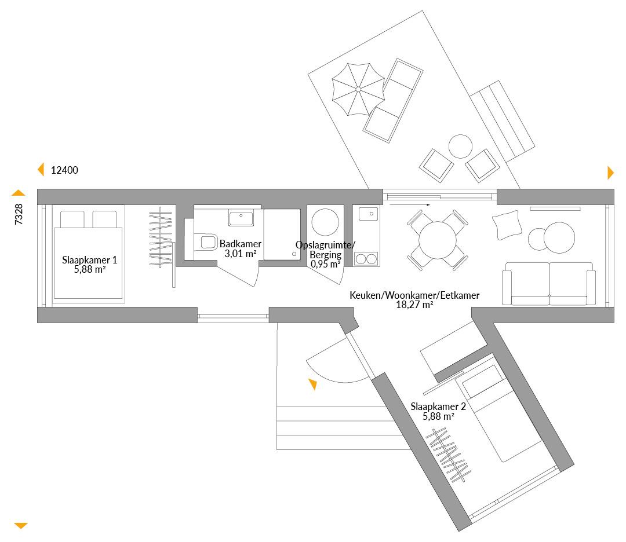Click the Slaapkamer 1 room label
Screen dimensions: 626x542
coord(89,260)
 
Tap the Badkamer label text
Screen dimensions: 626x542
coord(241,244)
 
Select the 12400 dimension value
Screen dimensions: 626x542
coord(64,170)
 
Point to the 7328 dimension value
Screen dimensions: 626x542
coord(19,214)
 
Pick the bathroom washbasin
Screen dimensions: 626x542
coord(241,218)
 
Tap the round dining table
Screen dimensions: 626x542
coord(438,240)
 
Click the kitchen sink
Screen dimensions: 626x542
coord(368,213)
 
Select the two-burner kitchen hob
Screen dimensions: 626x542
coord(366,259)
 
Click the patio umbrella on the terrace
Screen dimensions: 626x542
coord(358,89)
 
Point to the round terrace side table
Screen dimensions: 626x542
coord(460,147)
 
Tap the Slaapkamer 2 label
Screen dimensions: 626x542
coord(438,407)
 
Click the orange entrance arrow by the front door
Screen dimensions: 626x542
coord(313,384)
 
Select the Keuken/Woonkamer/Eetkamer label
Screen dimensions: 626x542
coord(414,295)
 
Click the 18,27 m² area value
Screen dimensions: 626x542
coord(414,305)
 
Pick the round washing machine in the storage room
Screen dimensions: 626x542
coord(325,222)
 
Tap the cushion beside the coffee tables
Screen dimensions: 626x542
coord(507,225)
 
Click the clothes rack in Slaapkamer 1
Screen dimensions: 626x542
coord(161,237)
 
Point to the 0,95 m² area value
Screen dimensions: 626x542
coord(325,263)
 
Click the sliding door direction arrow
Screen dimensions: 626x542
coord(410,204)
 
